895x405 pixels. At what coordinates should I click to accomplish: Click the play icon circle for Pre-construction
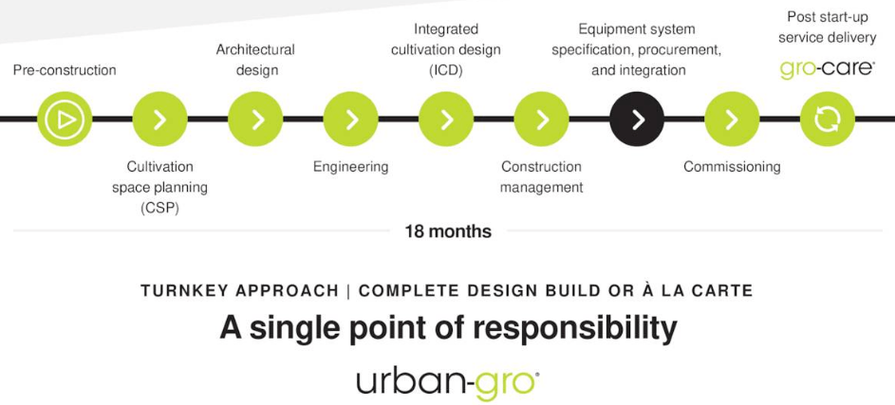[65, 120]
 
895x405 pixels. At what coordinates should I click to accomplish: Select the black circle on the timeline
[637, 120]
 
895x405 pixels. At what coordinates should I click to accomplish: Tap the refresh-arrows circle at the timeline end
[827, 120]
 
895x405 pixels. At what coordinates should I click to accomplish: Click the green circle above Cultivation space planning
[159, 120]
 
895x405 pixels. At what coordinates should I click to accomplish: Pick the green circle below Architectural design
[255, 120]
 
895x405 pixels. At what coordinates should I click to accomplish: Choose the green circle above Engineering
[350, 120]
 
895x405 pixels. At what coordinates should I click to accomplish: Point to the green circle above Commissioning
[732, 120]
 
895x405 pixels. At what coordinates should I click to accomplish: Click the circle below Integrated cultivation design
[446, 120]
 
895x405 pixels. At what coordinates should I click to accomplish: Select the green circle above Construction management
[541, 120]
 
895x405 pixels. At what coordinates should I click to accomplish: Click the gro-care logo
[827, 69]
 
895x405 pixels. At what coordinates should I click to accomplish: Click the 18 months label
[448, 231]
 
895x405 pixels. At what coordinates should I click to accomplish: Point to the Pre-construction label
[65, 70]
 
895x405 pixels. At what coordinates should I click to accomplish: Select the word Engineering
[350, 167]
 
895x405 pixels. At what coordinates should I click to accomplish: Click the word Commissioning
[732, 167]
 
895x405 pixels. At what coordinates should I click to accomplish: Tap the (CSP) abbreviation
[159, 209]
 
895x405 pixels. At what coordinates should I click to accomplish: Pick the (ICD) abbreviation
[446, 71]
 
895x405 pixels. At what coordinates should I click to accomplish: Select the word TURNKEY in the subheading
[181, 291]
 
